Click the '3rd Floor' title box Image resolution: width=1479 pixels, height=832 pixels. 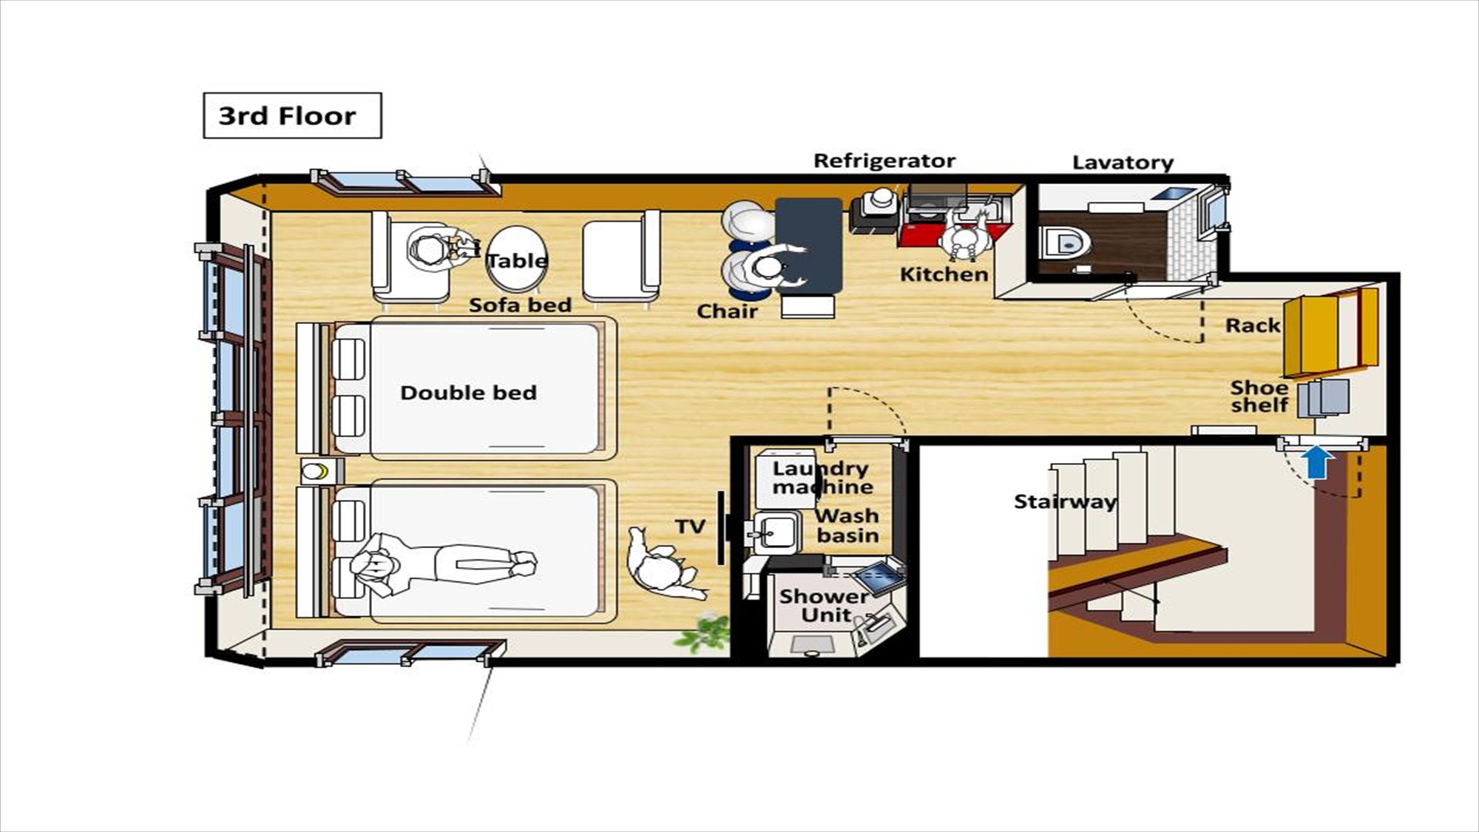[x=292, y=115]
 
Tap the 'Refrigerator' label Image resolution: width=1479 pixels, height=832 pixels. [x=884, y=160]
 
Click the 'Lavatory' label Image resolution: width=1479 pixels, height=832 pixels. [x=1123, y=163]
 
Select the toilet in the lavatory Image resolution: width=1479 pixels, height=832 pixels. [x=1065, y=241]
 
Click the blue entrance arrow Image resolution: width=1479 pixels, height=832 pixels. [x=1317, y=462]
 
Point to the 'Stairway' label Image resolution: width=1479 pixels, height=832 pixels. [x=1064, y=501]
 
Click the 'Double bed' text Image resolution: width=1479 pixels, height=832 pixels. [x=468, y=393]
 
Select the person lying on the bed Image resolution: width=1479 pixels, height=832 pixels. [x=444, y=566]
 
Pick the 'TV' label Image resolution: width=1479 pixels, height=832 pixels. [x=690, y=527]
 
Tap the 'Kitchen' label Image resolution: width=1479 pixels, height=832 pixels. [x=944, y=274]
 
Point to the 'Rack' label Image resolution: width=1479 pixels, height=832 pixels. [x=1252, y=325]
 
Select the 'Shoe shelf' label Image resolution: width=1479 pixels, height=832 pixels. [x=1259, y=396]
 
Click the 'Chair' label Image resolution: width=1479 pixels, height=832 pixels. [x=727, y=311]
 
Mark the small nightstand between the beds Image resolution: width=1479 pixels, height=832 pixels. [x=322, y=471]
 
